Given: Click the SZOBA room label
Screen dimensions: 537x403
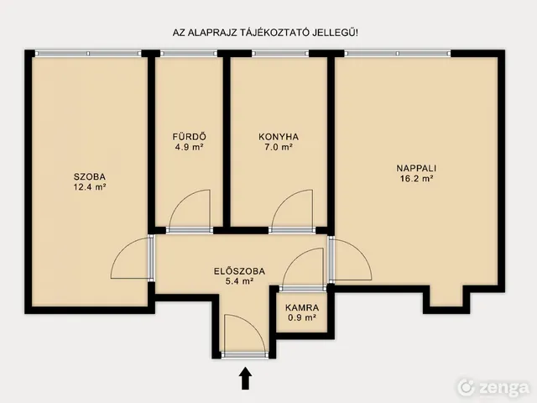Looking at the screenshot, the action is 90,177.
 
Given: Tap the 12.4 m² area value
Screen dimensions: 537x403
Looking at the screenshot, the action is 90,187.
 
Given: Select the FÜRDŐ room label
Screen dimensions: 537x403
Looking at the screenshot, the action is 190,137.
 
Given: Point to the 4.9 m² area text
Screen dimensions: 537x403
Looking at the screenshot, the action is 190,147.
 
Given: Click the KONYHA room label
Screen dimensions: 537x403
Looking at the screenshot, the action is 279,137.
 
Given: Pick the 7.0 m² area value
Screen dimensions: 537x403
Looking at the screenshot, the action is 279,148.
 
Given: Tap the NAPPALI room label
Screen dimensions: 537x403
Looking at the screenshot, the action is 416,168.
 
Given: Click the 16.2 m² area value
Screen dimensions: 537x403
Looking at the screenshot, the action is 417,179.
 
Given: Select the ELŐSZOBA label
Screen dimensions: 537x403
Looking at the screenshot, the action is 239,271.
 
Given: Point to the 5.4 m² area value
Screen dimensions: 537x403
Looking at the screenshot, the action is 239,282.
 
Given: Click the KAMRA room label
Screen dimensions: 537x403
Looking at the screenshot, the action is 302,308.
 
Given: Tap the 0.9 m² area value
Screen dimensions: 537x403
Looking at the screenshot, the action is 302,318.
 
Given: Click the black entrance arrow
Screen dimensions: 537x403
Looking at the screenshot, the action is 245,379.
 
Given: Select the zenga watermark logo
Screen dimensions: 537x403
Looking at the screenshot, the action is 494,388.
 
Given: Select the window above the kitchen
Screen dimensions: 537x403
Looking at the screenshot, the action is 280,54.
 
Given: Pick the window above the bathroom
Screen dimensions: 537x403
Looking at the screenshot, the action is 189,54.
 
